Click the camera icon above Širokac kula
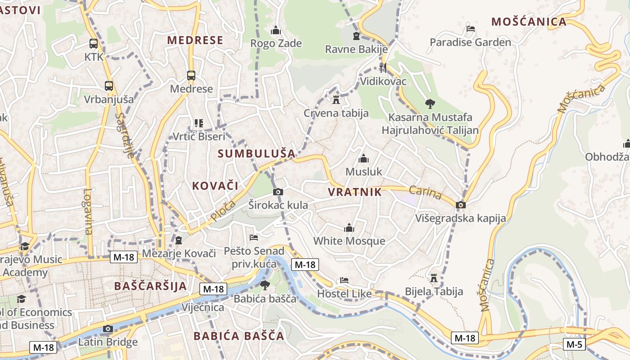click(278, 192)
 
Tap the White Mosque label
click(349, 241)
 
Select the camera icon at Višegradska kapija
click(460, 205)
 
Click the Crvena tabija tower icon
click(336, 99)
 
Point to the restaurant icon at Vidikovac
click(383, 68)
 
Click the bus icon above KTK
click(94, 44)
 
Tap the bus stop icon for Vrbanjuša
click(108, 86)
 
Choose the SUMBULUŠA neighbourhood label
click(256, 153)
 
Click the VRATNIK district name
click(355, 192)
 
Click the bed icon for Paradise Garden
click(470, 29)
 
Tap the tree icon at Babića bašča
click(265, 285)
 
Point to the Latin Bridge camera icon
click(107, 328)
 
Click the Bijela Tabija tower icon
click(434, 278)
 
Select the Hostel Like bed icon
click(344, 280)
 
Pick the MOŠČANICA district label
click(529, 22)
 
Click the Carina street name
click(426, 192)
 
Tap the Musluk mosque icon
click(364, 158)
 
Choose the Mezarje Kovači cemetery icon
click(179, 240)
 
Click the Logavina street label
click(87, 211)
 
